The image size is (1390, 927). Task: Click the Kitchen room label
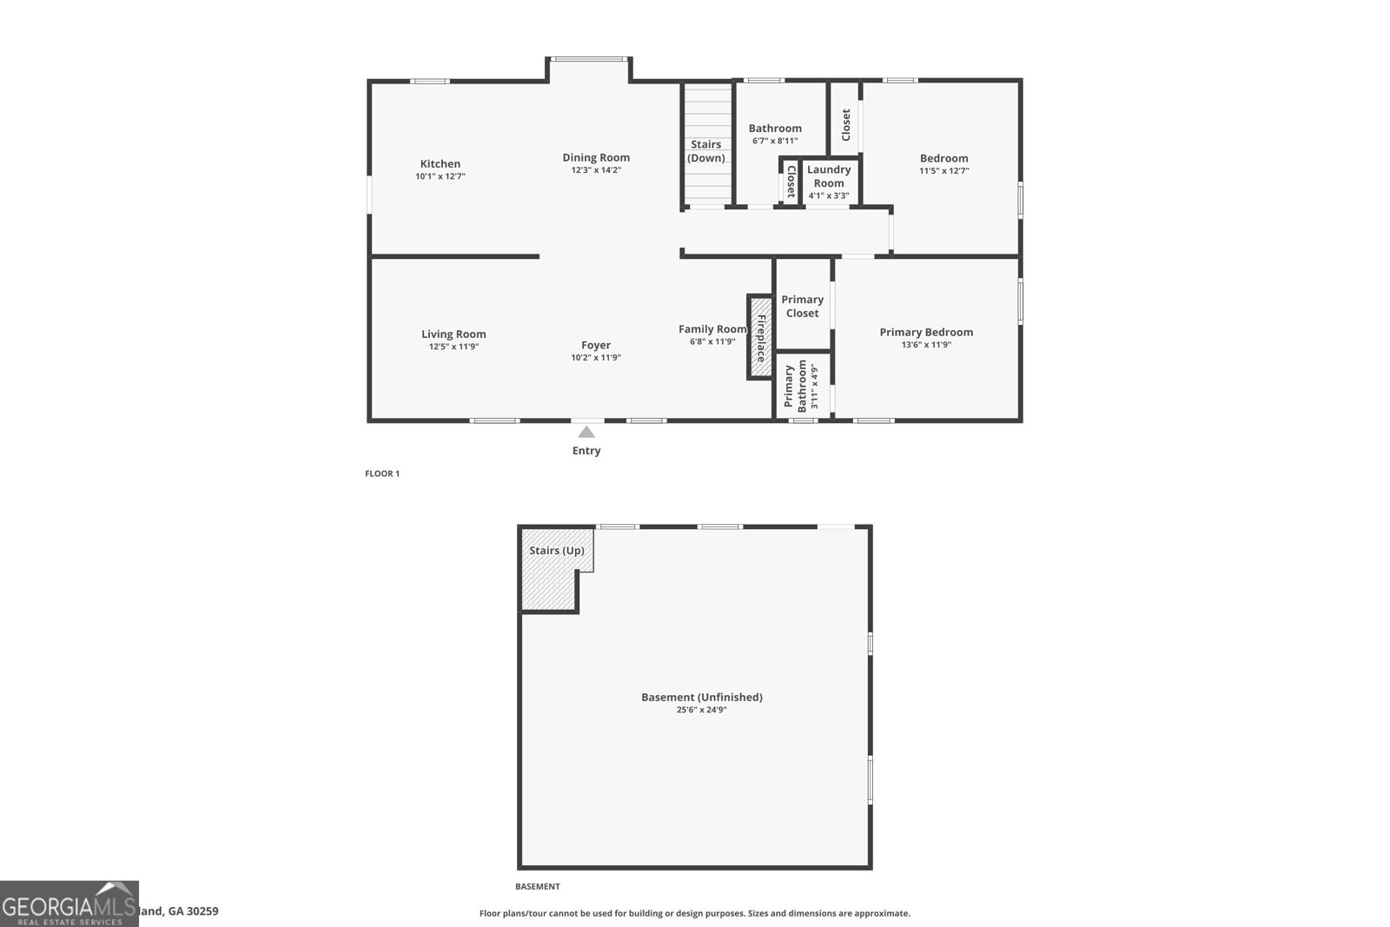[x=440, y=164]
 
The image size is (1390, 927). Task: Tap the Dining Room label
[x=596, y=157]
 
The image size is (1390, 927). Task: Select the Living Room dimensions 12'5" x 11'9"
[x=453, y=347]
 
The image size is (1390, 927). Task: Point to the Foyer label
[x=596, y=345]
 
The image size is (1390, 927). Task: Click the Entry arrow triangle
[x=586, y=432]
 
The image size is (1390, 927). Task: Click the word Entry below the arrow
[x=586, y=451]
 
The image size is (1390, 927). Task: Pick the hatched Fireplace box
[x=760, y=337]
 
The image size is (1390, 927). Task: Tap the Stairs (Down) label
[x=706, y=151]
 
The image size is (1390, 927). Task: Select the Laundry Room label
[x=829, y=176]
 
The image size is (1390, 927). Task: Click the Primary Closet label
[x=802, y=306]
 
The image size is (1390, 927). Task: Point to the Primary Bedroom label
[x=926, y=332]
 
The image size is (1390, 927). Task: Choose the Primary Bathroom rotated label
[x=795, y=386]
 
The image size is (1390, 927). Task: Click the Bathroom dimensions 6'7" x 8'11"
[x=775, y=141]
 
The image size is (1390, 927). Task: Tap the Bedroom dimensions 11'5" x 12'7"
[x=944, y=171]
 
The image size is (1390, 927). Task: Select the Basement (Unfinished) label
[x=702, y=697]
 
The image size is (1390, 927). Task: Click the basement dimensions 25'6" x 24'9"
[x=702, y=710]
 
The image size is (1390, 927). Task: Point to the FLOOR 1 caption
[x=382, y=473]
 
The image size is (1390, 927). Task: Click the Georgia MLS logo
[x=69, y=904]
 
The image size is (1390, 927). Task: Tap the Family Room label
[x=712, y=329]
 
